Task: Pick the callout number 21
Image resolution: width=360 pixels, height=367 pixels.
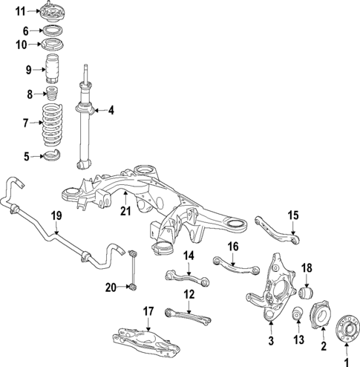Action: [125, 213]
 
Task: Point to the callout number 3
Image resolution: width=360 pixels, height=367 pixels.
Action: [271, 340]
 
